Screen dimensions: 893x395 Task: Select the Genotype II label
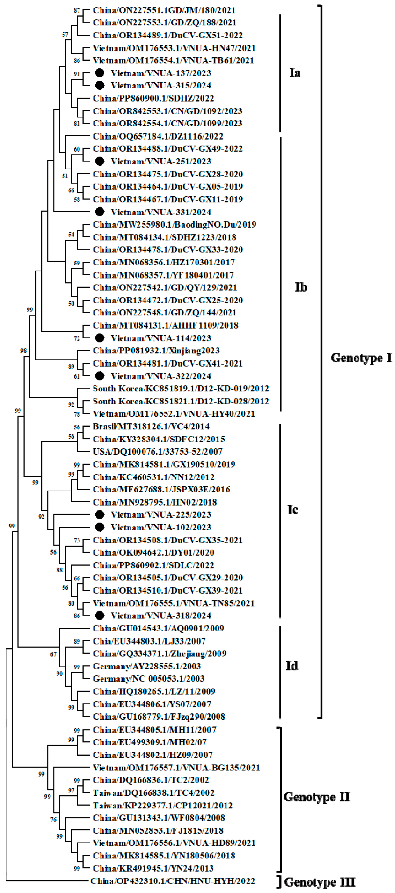(317, 797)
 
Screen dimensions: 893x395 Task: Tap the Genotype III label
(319, 882)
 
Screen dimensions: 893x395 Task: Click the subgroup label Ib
(301, 287)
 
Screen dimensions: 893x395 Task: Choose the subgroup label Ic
(293, 509)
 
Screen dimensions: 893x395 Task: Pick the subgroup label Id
(292, 665)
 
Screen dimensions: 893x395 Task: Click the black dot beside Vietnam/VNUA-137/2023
(100, 73)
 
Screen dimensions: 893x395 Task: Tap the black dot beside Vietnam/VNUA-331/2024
(100, 212)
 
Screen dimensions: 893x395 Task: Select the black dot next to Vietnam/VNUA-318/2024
(100, 615)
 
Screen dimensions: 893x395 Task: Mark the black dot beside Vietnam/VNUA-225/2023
(100, 514)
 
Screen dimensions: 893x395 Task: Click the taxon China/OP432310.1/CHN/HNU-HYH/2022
(172, 881)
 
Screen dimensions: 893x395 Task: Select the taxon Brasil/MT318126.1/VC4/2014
(151, 426)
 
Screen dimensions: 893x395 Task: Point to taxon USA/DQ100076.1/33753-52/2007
(158, 451)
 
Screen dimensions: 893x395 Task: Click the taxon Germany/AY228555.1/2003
(147, 666)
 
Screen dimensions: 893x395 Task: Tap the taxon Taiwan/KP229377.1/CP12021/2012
(163, 805)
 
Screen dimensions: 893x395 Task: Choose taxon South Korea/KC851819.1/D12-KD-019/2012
(181, 388)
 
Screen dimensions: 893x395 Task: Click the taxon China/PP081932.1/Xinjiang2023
(156, 351)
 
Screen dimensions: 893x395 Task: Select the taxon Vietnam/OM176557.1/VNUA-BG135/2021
(176, 768)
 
